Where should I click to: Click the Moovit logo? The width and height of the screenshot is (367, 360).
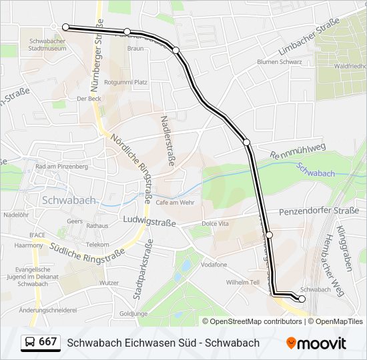[x=316, y=343]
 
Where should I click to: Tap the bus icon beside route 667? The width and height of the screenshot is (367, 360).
[x=29, y=343]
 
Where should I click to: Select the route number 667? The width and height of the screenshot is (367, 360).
[x=48, y=342]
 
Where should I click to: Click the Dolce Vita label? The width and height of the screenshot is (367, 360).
[x=216, y=223]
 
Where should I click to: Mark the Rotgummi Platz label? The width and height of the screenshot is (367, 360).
[x=130, y=82]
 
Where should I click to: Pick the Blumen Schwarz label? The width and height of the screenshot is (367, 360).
[x=280, y=62]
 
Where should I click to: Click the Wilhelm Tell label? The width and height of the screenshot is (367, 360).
[x=242, y=282]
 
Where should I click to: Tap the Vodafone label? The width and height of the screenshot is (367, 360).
[x=214, y=265]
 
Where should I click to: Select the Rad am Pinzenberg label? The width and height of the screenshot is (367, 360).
[x=61, y=167]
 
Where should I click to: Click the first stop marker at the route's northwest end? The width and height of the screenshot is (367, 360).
[x=65, y=27]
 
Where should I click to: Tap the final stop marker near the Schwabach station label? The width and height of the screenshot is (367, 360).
[x=302, y=299]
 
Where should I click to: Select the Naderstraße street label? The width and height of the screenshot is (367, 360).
[x=166, y=141]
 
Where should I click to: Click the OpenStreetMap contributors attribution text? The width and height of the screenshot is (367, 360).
[x=256, y=321]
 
